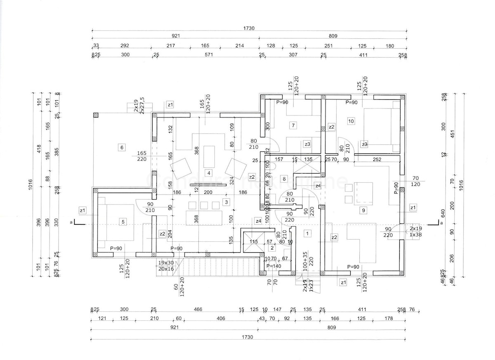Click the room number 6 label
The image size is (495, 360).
coord(121,147)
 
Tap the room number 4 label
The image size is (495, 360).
coord(209,173)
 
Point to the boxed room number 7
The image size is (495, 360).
coord(293,125)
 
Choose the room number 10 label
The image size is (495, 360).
coord(351,121)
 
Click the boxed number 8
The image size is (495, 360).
coord(284,179)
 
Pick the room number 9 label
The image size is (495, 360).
coord(363,210)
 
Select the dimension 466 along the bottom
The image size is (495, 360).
coord(198,310)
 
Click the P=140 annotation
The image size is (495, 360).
coord(273,266)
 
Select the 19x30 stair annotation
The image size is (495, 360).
coord(166,263)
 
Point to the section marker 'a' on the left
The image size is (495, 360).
coord(72,223)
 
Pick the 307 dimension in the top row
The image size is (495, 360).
coord(292,54)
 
